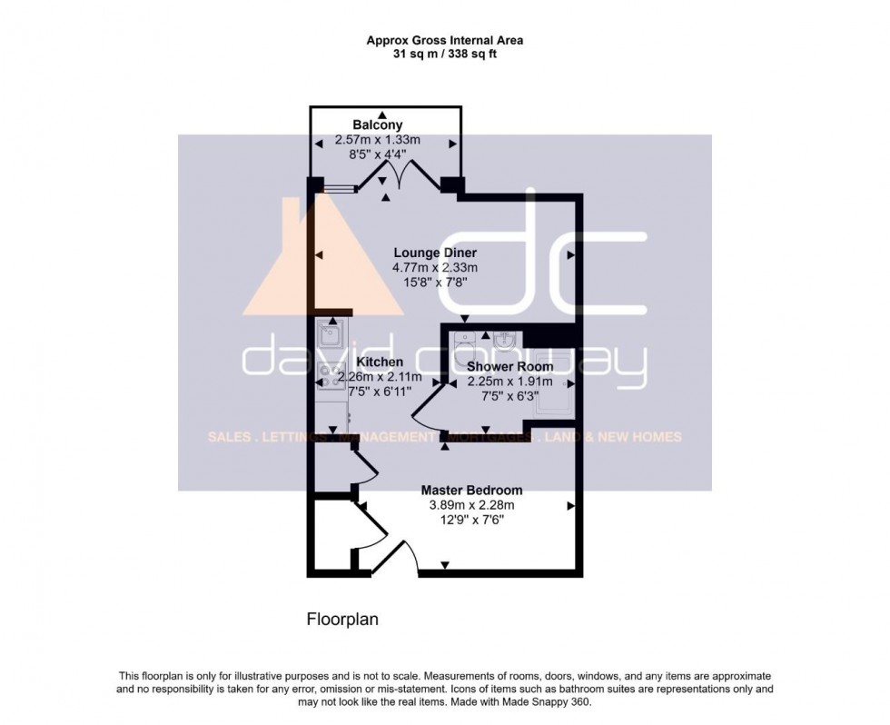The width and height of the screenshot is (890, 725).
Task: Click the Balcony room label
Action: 378,124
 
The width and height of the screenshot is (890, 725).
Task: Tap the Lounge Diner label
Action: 435,253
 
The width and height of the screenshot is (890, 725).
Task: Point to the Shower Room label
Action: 509,367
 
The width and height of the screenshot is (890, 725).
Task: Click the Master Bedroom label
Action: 471,491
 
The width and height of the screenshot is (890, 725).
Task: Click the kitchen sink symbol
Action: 328,337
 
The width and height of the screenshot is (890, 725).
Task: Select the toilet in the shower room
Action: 464,343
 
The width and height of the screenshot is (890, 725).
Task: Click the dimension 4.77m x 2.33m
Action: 435,268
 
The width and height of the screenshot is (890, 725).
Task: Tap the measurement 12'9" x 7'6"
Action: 471,520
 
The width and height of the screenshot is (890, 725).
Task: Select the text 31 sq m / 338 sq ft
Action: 444,55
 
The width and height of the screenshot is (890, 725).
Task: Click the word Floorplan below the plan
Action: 341,620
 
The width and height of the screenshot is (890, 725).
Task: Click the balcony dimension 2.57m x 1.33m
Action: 378,141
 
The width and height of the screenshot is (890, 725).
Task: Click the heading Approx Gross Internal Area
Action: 444,40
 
